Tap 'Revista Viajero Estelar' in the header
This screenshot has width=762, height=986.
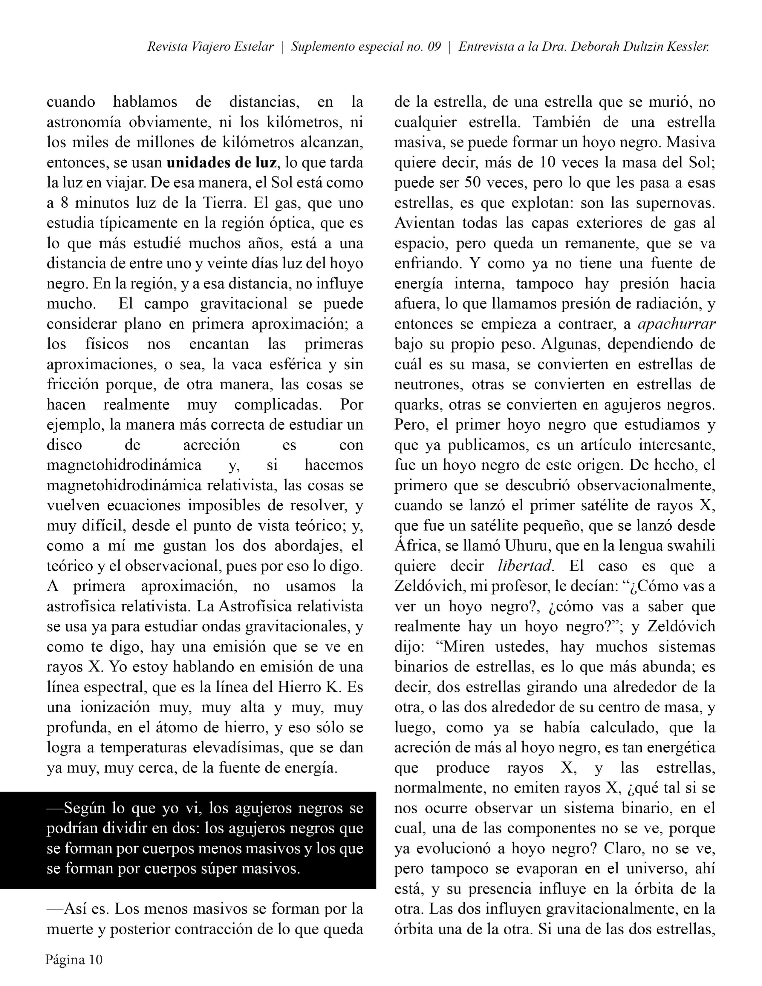click(x=210, y=47)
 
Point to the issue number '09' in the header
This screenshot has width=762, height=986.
click(x=434, y=47)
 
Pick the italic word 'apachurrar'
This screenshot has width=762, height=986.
click(x=676, y=324)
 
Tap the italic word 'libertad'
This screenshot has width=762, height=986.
click(x=525, y=566)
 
